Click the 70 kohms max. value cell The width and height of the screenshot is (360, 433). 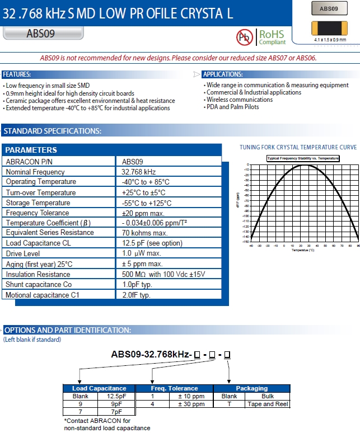click(x=144, y=233)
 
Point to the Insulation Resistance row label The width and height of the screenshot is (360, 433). click(x=38, y=274)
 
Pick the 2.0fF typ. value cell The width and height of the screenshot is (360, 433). click(x=137, y=295)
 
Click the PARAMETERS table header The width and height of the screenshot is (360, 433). click(x=31, y=150)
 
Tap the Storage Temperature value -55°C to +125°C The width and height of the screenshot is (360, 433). click(x=147, y=203)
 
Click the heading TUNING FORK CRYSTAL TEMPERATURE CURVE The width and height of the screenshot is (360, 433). click(x=298, y=148)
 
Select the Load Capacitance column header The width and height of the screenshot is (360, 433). click(x=99, y=388)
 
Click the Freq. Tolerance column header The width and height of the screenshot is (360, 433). click(x=174, y=388)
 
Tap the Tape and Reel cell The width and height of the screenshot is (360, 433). click(x=268, y=404)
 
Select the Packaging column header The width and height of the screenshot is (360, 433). click(x=252, y=388)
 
